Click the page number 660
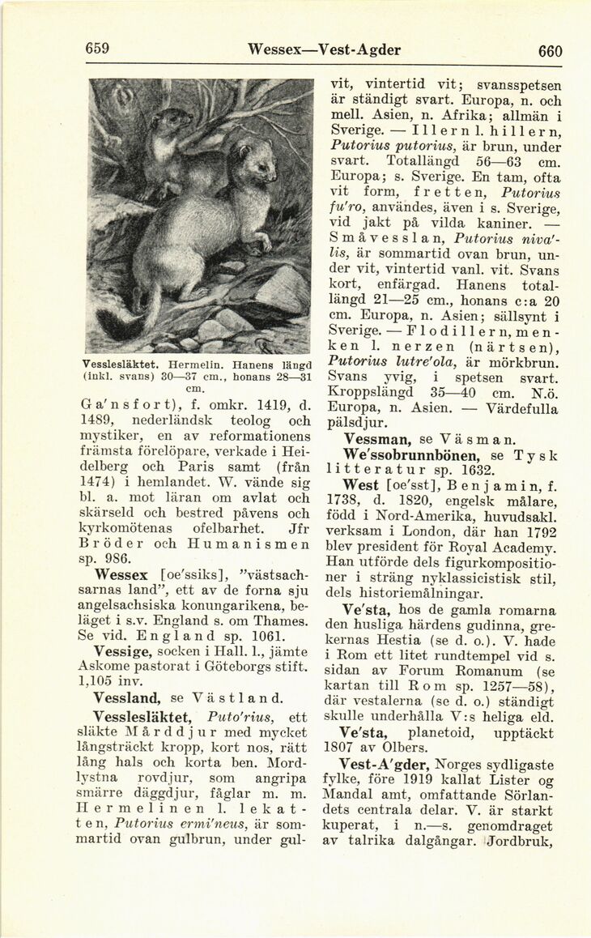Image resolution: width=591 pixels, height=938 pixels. [x=550, y=50]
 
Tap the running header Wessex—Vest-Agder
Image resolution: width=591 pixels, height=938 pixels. [x=324, y=49]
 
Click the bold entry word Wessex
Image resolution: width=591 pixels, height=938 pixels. [x=121, y=575]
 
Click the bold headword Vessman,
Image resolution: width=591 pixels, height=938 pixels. [x=378, y=439]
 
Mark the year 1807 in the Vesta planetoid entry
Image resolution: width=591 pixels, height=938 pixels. [x=359, y=748]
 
